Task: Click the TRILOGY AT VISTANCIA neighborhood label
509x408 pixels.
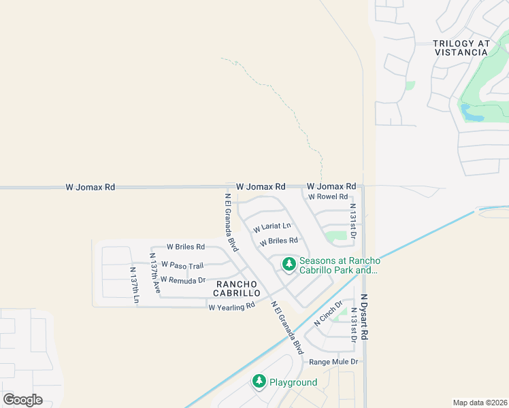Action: (x=461, y=48)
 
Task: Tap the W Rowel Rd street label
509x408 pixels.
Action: (x=328, y=197)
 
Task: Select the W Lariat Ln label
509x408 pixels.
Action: (x=272, y=226)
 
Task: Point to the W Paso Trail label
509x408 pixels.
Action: (x=182, y=266)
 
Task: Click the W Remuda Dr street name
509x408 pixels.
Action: (x=183, y=279)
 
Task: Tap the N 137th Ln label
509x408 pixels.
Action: (x=135, y=285)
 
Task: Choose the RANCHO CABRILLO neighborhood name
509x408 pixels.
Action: (x=237, y=288)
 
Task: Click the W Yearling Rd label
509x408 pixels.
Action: (x=231, y=307)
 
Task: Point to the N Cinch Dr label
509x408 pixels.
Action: (x=328, y=313)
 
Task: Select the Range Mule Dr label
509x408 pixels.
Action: (x=333, y=362)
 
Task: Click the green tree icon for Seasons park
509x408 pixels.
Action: (x=289, y=264)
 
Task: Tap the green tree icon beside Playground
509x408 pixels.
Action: (x=259, y=381)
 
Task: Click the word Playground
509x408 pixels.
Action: (x=293, y=382)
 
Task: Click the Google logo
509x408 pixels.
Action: (x=22, y=400)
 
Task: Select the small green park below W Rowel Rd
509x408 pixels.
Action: (x=335, y=237)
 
